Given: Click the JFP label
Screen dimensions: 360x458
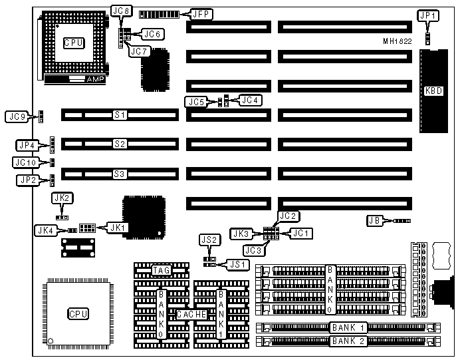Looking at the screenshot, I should tap(202, 13).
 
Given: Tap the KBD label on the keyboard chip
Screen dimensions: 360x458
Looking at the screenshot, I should tap(431, 91).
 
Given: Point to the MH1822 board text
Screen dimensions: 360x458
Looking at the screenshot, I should tap(397, 41).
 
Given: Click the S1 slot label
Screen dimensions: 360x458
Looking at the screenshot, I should tap(120, 114).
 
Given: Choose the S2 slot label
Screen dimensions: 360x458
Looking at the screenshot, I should tap(120, 144).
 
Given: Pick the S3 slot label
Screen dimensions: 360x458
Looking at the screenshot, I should tap(120, 174).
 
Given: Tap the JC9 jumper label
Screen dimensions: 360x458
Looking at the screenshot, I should tap(16, 117).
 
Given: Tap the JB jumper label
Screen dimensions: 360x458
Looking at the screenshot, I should tap(374, 220).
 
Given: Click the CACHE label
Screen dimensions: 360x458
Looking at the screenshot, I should tap(190, 313).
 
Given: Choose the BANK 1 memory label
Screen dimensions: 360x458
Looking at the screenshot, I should tap(349, 327).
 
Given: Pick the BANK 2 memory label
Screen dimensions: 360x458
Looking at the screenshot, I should tap(349, 341).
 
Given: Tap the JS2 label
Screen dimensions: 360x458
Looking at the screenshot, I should tap(207, 240).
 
